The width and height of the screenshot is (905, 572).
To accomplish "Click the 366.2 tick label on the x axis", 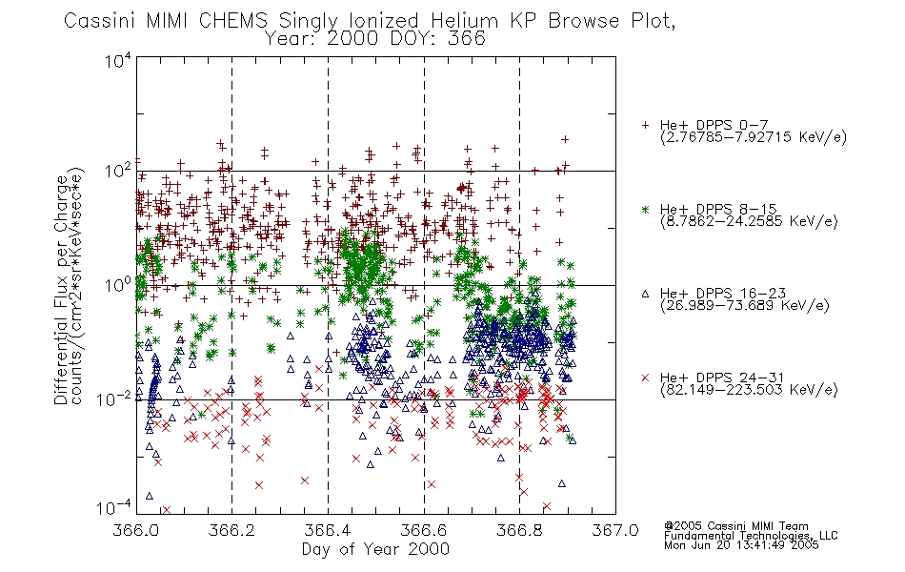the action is [x=232, y=530].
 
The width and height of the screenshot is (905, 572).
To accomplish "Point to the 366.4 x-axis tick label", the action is [x=328, y=530].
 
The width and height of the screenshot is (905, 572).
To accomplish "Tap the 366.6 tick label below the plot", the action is [x=424, y=530].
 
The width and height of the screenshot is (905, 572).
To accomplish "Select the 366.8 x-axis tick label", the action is [x=519, y=530].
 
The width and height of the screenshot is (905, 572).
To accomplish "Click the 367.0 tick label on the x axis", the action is [x=615, y=530].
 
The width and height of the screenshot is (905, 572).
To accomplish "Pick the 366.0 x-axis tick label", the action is [x=136, y=530].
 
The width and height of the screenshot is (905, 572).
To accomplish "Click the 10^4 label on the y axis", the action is [x=118, y=60].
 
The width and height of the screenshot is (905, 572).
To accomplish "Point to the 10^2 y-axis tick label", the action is [x=118, y=172].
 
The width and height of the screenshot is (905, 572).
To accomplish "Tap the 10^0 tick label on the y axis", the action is [x=118, y=285].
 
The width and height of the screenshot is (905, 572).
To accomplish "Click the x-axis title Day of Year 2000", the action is [x=375, y=549].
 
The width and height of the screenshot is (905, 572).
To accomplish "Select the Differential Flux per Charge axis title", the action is [x=61, y=290].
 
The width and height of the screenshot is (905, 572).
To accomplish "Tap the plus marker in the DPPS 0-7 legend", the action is [x=645, y=125].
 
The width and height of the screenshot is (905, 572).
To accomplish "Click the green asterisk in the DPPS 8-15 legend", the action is [x=645, y=209].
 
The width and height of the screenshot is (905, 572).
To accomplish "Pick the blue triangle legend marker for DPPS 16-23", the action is [x=645, y=294].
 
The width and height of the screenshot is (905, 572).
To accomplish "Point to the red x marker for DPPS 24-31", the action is [x=645, y=378].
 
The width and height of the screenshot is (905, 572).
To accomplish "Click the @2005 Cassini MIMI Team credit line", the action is [x=736, y=526].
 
